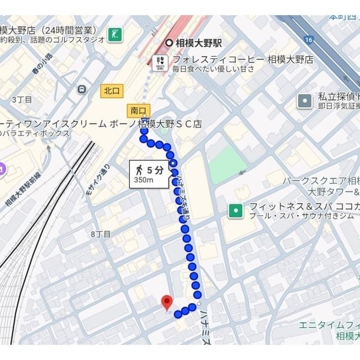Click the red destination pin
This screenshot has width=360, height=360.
coord(166,302)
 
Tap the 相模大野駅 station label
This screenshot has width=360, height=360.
coord(199,43)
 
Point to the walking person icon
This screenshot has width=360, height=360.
coord(138,169)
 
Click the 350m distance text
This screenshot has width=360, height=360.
coord(144,180)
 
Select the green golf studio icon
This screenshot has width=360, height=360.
coord(115,34)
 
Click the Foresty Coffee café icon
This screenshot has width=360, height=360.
coord(160,62)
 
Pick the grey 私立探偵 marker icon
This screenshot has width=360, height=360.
coord(304,101)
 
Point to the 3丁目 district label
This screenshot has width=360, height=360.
coord(22,100)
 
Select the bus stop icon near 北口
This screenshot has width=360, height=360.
coord(82,89)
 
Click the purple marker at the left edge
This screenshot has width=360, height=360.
coord(2,167)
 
